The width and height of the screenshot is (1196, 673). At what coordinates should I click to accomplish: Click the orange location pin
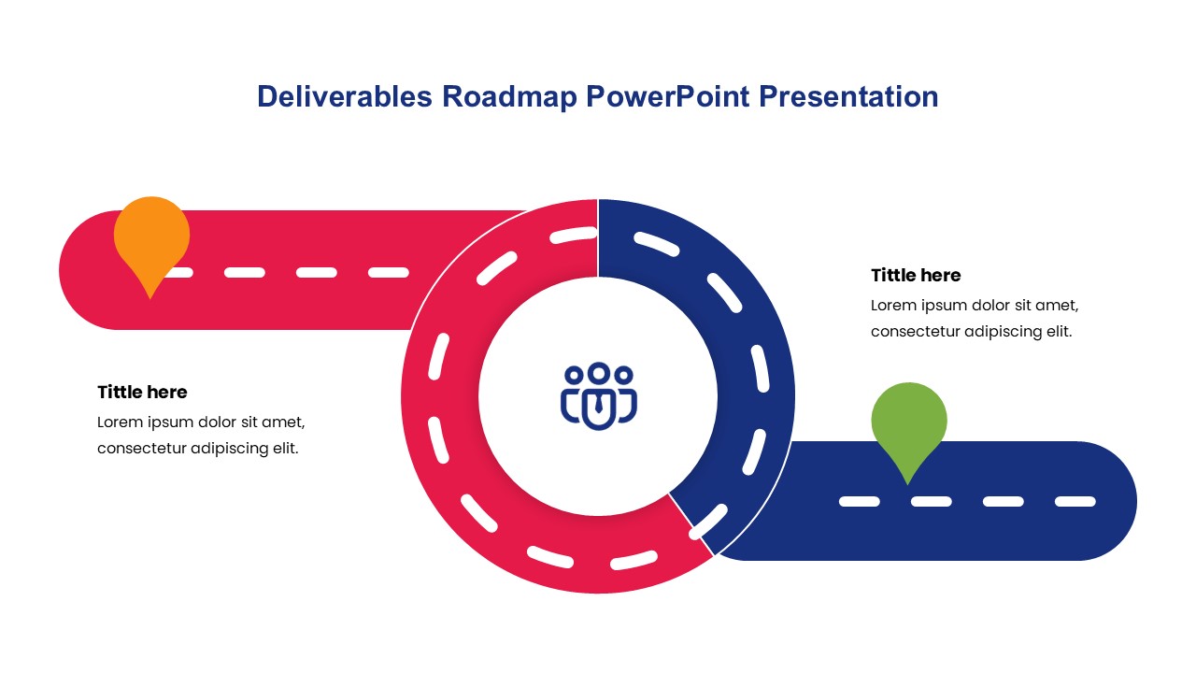(x=151, y=240)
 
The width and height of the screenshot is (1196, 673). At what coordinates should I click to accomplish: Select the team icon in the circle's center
(x=599, y=395)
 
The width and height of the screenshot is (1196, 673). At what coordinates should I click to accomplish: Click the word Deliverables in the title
(x=345, y=96)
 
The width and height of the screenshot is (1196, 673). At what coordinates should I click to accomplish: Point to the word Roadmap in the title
(x=509, y=96)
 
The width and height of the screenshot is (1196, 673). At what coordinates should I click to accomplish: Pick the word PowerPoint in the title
(x=667, y=96)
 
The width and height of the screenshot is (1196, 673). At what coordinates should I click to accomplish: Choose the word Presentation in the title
(x=848, y=96)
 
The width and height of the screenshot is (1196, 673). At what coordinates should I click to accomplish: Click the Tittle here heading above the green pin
(x=916, y=275)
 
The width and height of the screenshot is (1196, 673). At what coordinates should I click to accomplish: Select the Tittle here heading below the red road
(x=142, y=392)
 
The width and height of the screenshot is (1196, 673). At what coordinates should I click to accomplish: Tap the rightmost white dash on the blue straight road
(x=1075, y=502)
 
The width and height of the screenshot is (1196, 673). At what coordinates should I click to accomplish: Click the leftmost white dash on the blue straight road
(x=860, y=502)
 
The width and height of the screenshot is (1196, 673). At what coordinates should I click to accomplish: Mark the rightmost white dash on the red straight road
(x=389, y=272)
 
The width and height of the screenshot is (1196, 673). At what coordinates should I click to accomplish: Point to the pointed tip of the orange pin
(x=150, y=298)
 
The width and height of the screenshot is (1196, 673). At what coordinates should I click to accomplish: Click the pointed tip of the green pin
(x=907, y=484)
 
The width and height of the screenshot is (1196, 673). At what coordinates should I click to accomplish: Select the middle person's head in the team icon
(x=599, y=372)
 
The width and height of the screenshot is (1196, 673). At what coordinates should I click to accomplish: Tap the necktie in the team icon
(x=599, y=404)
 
